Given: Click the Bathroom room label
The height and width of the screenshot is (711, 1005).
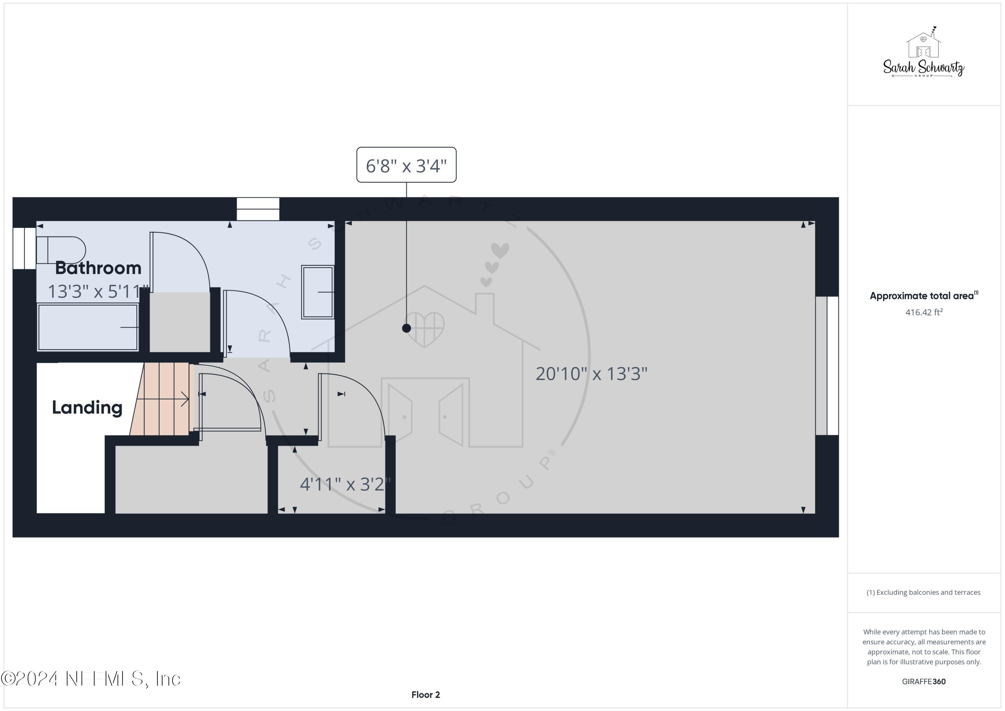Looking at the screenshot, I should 98,268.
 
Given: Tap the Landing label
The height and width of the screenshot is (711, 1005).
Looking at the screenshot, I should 87,407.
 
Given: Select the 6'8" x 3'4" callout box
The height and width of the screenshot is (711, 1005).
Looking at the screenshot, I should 406,165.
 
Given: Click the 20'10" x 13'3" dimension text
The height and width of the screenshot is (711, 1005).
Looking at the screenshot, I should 591,374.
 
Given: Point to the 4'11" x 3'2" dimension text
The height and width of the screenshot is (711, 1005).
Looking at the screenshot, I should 345,484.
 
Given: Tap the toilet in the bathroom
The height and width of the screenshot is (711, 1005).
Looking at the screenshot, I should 61,250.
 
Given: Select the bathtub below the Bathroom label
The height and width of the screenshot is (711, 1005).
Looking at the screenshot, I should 87,327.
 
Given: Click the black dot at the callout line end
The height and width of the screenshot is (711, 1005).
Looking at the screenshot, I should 406,328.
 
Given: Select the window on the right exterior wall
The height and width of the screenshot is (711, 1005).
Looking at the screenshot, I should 827,366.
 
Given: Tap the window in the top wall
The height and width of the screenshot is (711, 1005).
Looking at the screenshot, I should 258,209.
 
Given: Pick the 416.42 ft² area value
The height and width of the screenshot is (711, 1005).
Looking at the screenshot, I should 924,312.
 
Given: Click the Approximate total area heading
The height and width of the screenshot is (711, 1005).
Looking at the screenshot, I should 924,296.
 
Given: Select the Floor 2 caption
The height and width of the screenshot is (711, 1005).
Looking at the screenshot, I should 425,695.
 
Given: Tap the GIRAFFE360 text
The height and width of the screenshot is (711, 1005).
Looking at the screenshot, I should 924,682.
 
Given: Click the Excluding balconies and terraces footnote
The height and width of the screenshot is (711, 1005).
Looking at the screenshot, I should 924,592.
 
